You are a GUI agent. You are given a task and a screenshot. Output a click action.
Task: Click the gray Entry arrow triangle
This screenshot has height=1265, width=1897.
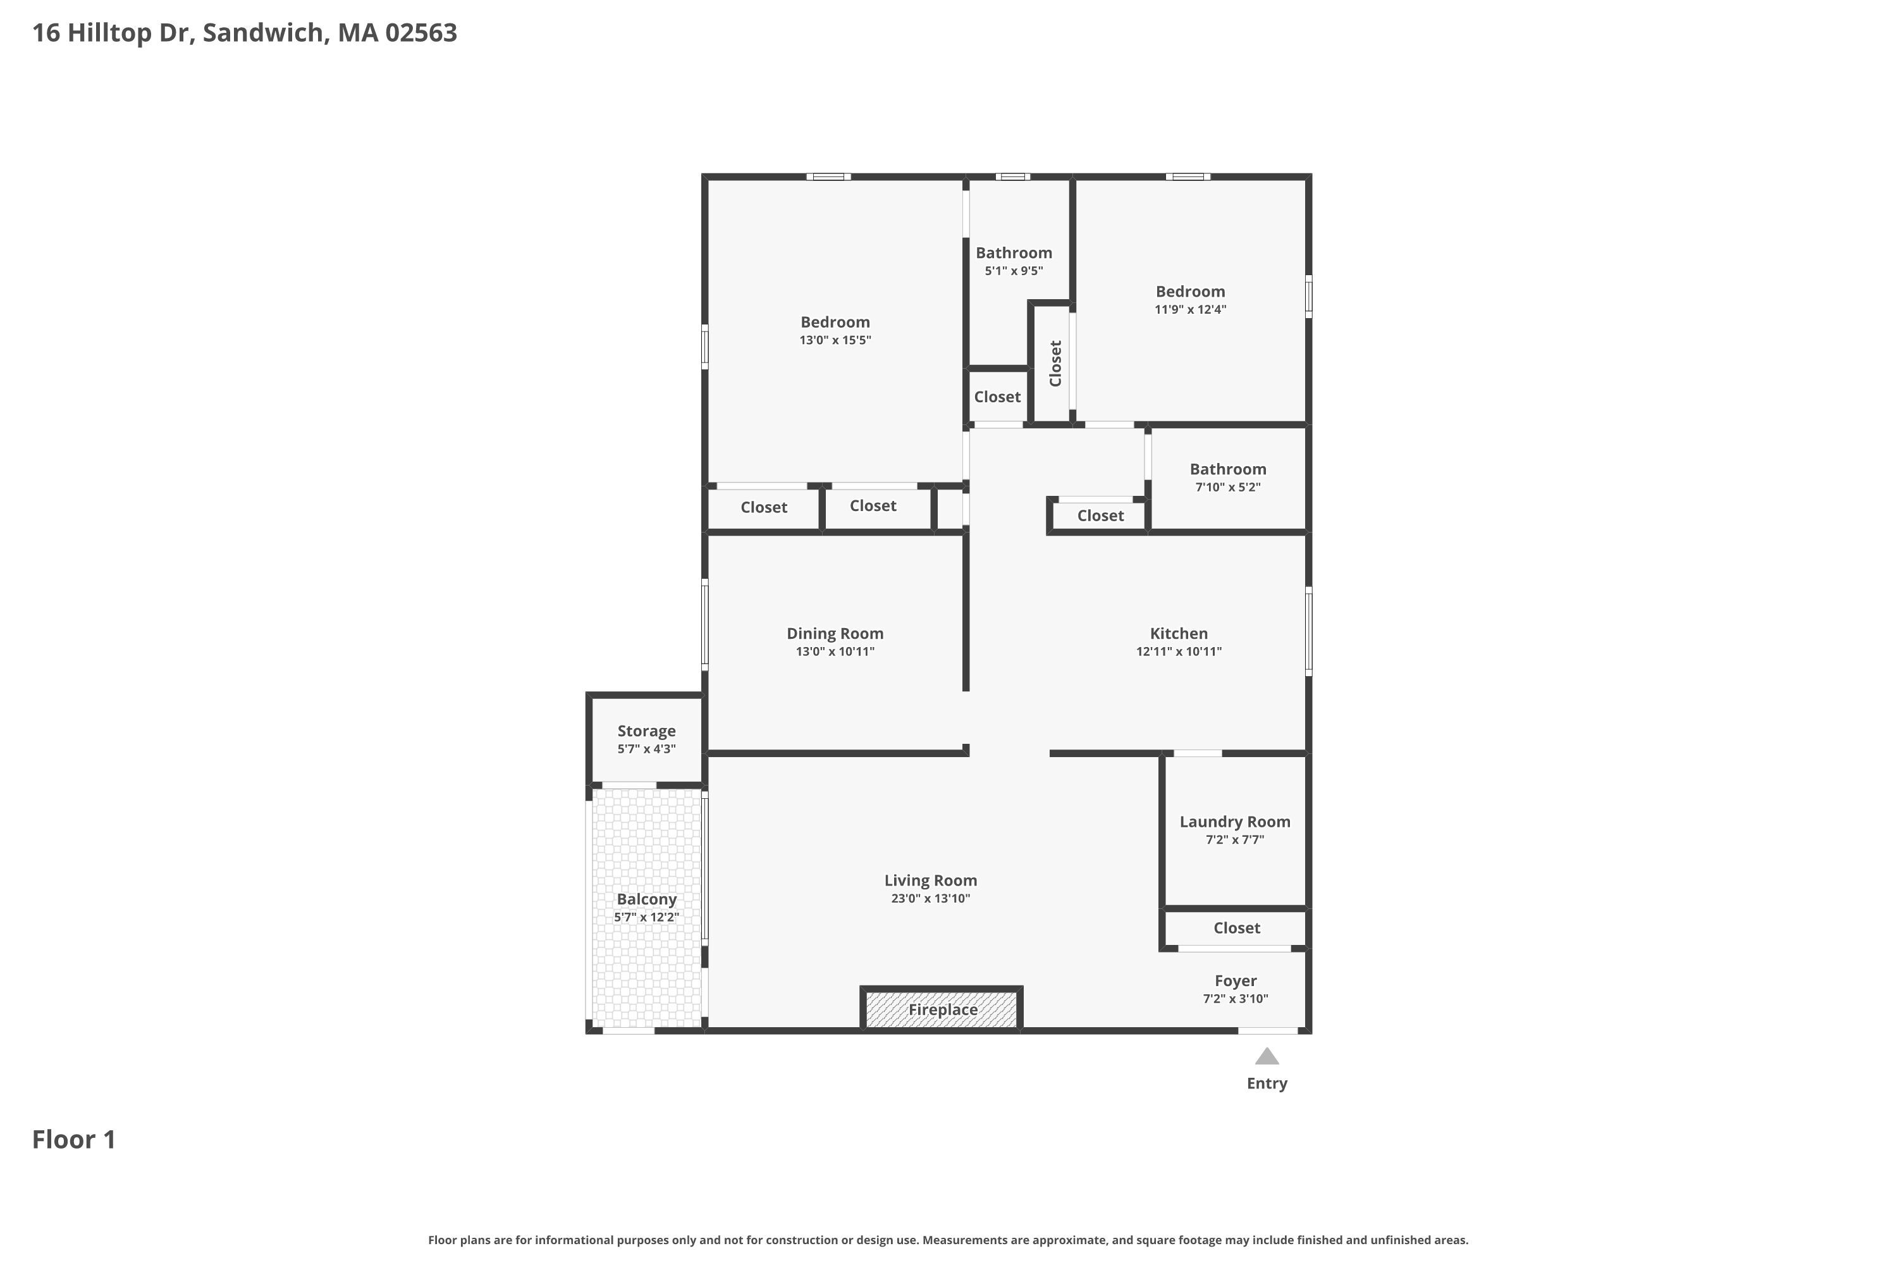[1267, 1057]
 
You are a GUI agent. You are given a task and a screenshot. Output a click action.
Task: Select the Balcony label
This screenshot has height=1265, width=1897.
[646, 899]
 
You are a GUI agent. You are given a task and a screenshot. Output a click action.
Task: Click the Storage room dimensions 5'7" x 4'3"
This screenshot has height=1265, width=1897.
[646, 750]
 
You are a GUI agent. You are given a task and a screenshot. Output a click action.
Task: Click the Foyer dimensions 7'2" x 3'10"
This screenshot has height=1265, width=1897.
[1235, 999]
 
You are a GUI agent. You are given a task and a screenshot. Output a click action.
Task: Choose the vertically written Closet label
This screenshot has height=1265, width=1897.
[1055, 363]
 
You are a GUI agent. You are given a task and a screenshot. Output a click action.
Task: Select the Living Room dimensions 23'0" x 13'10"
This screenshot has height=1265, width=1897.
[930, 899]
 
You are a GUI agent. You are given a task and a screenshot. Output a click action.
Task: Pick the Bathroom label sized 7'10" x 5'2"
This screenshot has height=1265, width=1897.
[1227, 469]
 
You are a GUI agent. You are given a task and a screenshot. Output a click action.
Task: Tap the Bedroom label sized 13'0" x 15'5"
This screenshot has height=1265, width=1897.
[835, 323]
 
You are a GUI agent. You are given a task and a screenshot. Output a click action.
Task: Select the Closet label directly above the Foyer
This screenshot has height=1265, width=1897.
[1236, 929]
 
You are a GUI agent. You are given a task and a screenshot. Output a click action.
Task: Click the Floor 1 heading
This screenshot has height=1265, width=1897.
[74, 1140]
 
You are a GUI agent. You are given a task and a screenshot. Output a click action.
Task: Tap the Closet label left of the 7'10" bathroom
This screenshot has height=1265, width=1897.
[1100, 516]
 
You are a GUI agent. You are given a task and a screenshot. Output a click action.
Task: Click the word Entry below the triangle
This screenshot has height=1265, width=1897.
[1267, 1083]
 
